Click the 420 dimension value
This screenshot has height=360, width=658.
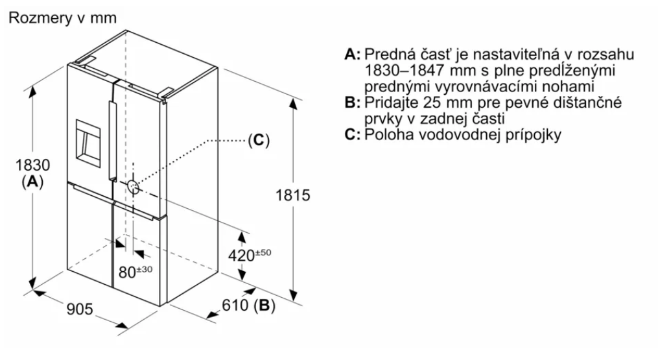coord(241,255)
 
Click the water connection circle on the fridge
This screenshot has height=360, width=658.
coord(133,187)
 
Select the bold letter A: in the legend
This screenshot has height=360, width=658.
coord(353,54)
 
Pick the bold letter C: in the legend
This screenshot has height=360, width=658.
coord(353,135)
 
